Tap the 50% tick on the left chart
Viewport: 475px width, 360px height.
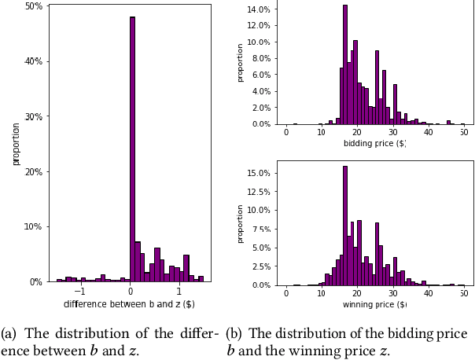[33, 6]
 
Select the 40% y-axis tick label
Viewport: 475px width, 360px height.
[33, 61]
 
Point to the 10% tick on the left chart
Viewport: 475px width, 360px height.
[33, 226]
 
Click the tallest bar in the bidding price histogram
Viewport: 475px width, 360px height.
[344, 64]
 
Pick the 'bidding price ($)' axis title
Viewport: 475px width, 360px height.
[374, 144]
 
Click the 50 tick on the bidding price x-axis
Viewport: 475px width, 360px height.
[463, 132]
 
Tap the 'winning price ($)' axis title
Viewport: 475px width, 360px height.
[374, 304]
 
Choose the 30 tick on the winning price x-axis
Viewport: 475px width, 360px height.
[392, 293]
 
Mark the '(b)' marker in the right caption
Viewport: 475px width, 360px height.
[235, 332]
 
